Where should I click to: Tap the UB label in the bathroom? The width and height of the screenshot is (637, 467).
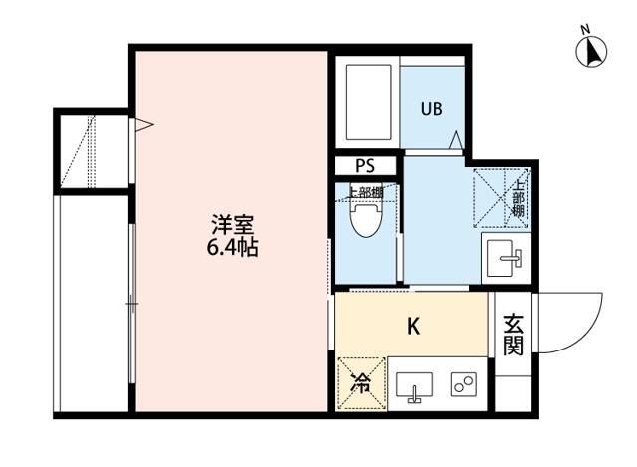coord(430,108)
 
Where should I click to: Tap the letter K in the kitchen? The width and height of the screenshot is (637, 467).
coord(412,326)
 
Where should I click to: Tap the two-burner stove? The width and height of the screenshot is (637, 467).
coord(463,385)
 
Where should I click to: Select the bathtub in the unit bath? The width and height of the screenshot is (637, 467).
coord(366,103)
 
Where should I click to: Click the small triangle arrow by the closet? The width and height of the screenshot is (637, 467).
coord(142,125)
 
